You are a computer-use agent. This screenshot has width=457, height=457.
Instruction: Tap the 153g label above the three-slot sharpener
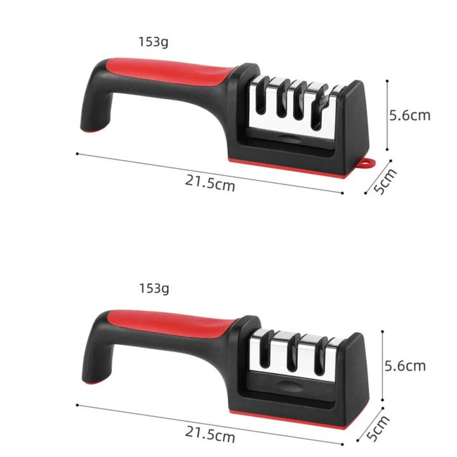[154, 289]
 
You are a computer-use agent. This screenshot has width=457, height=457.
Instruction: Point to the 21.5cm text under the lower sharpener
[210, 435]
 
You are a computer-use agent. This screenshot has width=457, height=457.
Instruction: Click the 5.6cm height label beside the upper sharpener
[409, 115]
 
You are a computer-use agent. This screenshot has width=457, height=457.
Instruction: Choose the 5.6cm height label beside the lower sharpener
[405, 366]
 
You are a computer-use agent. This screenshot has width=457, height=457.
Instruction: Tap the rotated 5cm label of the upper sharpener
[385, 182]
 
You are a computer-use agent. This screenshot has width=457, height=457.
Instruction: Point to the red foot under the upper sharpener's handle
[93, 130]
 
